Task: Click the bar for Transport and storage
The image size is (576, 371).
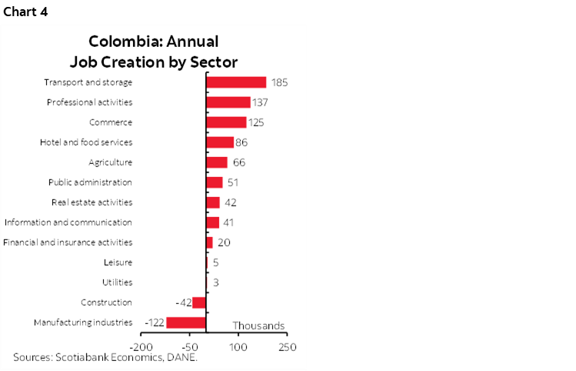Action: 236,82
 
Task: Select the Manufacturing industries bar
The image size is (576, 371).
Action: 186,323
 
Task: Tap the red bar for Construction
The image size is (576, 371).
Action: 199,302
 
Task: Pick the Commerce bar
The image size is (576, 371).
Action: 226,122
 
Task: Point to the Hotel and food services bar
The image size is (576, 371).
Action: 220,142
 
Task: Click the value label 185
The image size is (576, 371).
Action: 279,82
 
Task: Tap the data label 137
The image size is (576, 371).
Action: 260,102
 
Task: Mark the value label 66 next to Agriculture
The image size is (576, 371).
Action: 238,162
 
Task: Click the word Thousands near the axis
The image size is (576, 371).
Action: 258,326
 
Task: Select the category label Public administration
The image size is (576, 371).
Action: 90,182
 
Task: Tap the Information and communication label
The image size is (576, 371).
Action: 68,222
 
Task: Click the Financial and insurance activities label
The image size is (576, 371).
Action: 68,242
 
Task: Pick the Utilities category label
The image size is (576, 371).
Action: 118,282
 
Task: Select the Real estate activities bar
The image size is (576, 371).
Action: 213,202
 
